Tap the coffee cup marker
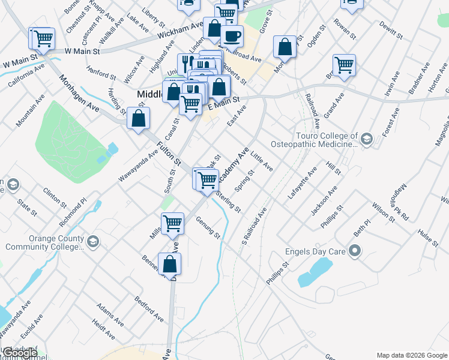(232, 36)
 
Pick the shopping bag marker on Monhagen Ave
(139, 118)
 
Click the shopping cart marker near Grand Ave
(344, 65)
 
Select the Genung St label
(208, 227)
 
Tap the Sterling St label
(228, 202)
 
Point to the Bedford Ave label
(149, 308)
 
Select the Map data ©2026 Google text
(412, 355)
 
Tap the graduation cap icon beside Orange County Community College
(92, 242)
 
